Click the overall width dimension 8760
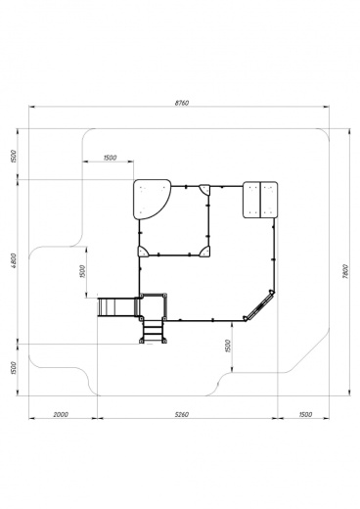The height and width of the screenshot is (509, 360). click(x=182, y=103)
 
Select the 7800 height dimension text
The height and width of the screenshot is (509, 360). click(x=346, y=271)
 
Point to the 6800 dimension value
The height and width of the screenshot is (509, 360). click(x=14, y=260)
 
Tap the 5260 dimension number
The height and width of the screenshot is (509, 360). click(x=182, y=415)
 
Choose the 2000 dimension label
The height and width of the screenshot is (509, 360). click(x=61, y=415)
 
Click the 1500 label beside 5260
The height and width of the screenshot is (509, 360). click(x=305, y=415)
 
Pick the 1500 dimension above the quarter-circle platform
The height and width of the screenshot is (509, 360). click(x=110, y=158)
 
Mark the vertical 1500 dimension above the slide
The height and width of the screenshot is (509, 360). click(x=82, y=271)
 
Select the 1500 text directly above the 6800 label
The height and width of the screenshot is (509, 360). click(x=14, y=157)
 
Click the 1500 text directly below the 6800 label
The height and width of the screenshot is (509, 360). click(x=14, y=368)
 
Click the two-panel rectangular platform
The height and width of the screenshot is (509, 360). click(x=260, y=200)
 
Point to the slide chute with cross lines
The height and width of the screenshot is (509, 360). click(x=115, y=306)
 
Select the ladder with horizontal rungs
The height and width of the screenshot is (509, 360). click(x=153, y=331)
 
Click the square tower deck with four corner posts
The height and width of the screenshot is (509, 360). click(x=153, y=307)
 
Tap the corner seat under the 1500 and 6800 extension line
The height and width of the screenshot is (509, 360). click(x=143, y=252)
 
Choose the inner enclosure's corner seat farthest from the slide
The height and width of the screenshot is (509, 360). click(x=204, y=190)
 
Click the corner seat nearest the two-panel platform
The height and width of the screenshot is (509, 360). click(x=204, y=190)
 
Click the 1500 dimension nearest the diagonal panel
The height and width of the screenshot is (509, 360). click(x=228, y=346)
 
